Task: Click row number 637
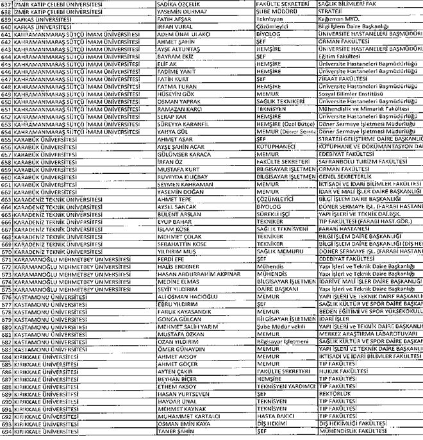[6, 4]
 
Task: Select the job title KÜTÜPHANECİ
[276, 147]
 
